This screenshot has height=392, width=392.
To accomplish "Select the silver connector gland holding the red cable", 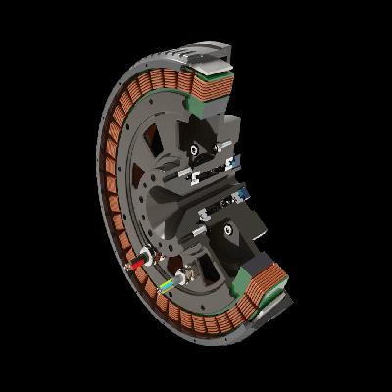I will [148, 259].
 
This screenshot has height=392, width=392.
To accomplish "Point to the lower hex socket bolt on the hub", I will [227, 230].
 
